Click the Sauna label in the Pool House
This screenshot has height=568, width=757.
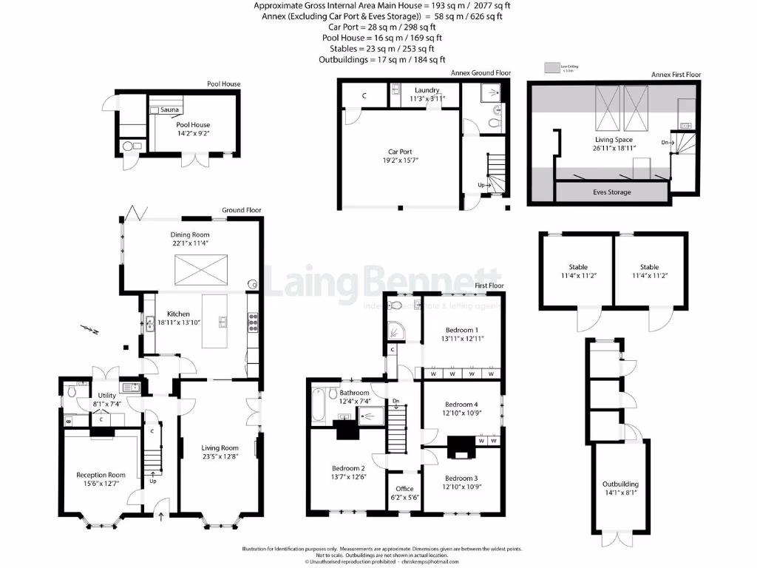coord(170,109)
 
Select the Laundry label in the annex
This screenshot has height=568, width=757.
coord(427,90)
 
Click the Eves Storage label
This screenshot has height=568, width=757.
coord(612,192)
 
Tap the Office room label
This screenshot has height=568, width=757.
coord(404,489)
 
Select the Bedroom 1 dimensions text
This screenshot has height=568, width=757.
coord(461,338)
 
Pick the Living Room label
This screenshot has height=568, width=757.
coord(220,447)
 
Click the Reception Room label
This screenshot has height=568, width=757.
coord(101,475)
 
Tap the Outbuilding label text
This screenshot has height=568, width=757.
coord(620,484)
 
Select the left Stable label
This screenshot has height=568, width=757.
coord(577,267)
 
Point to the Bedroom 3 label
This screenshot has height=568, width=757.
coord(461,478)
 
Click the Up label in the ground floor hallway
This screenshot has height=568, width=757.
coord(154,481)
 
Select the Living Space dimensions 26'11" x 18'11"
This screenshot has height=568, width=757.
coord(614,148)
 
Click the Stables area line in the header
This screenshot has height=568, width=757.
coord(381,48)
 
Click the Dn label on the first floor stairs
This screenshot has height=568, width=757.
coord(396,402)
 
